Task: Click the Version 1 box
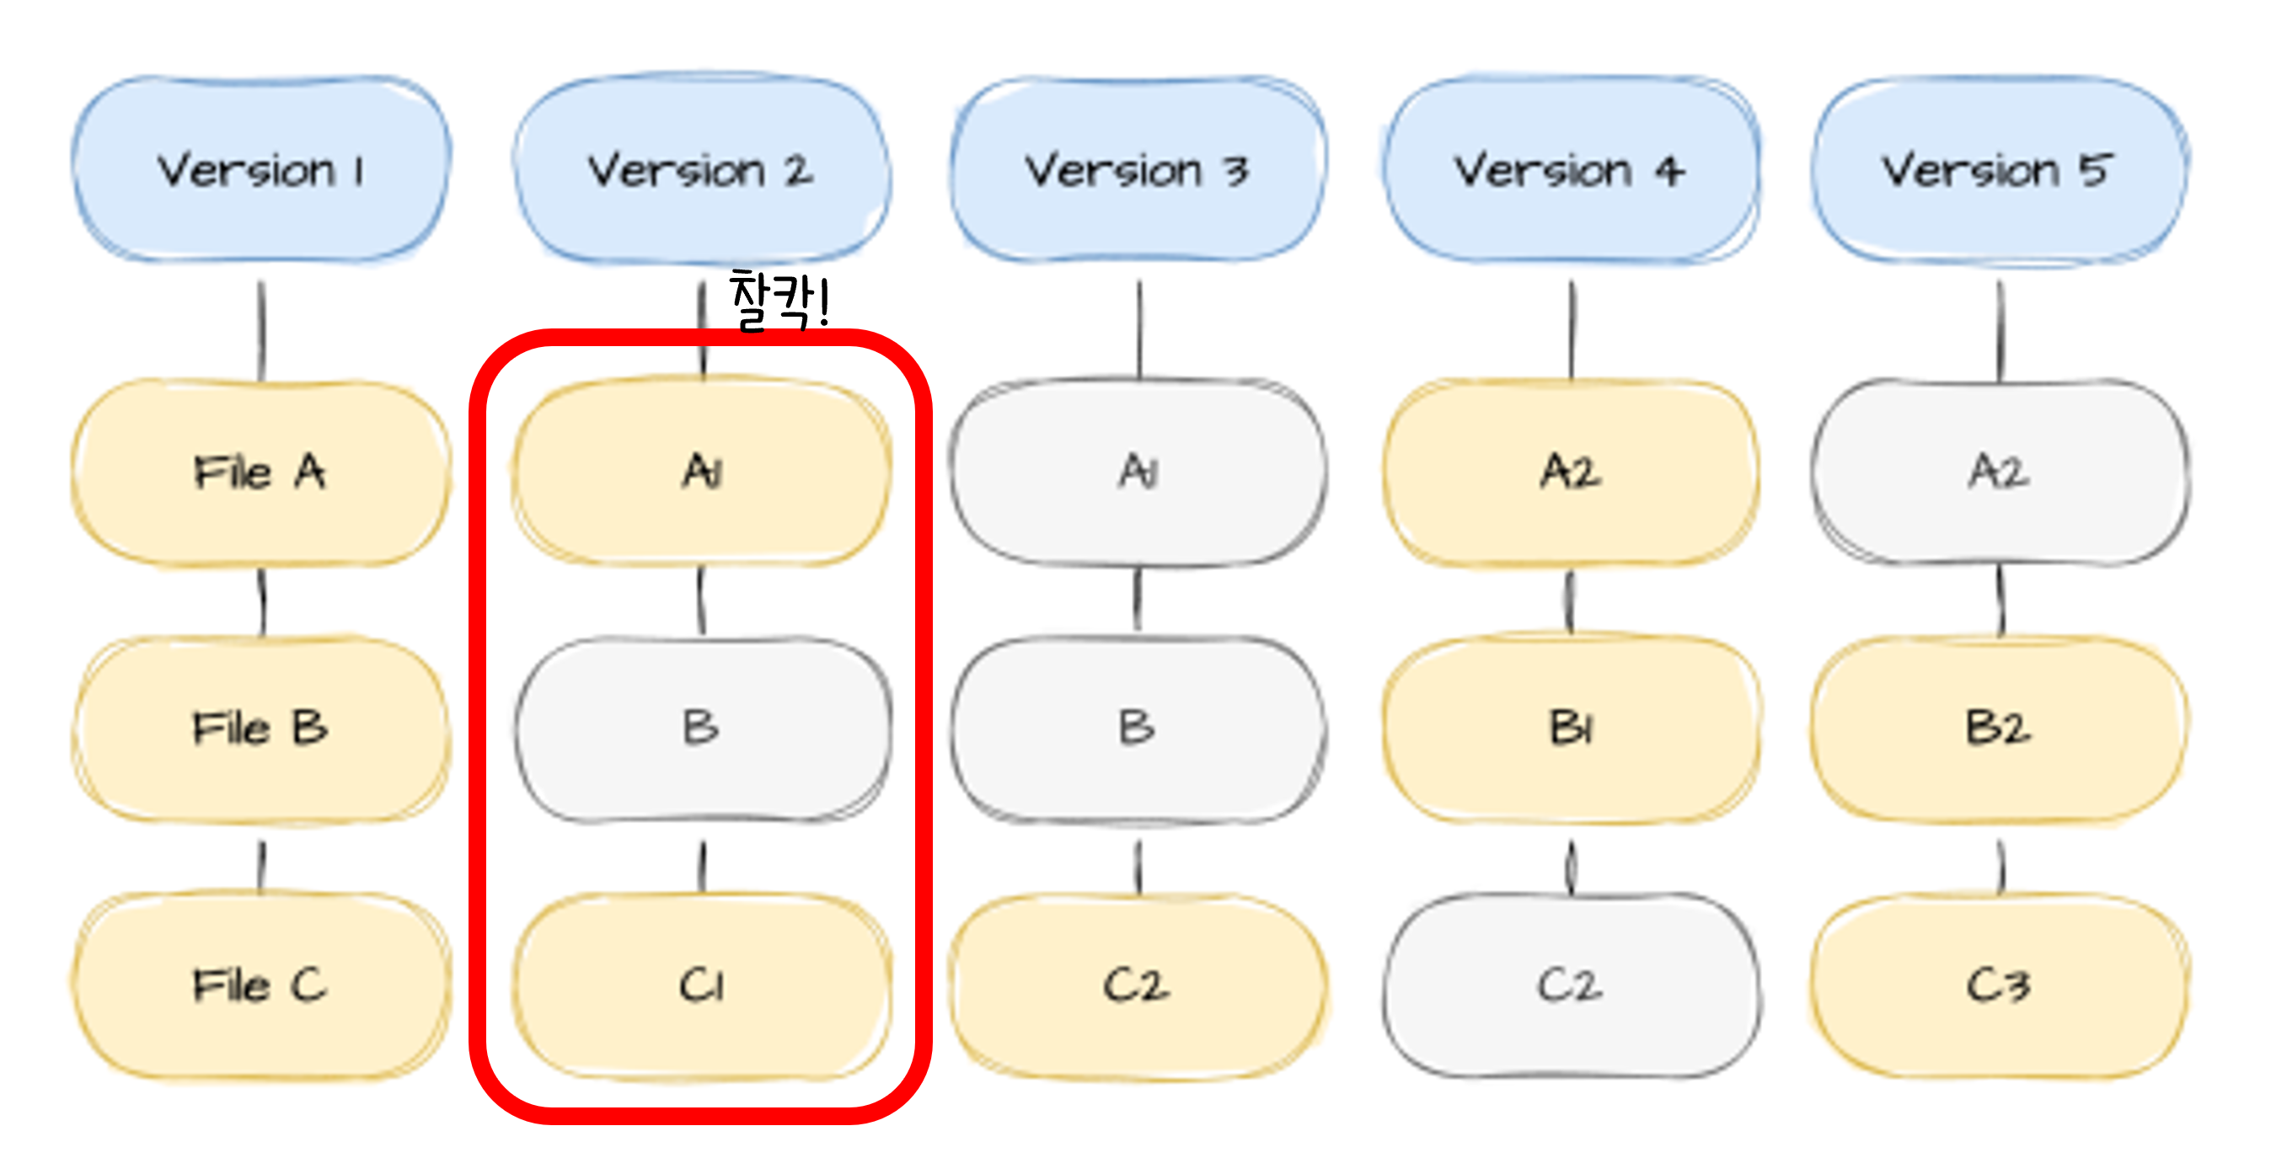click(261, 169)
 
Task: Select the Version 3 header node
click(1138, 169)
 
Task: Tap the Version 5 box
click(2000, 169)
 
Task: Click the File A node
click(261, 472)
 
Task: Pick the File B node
click(261, 728)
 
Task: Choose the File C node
click(261, 985)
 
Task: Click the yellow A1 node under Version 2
click(702, 472)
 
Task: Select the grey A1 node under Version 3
click(1138, 472)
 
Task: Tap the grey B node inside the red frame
click(702, 728)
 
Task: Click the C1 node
click(702, 985)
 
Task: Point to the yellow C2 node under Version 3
click(1138, 985)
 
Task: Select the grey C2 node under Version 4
click(1571, 985)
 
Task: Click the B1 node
click(1571, 728)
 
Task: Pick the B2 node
click(2000, 728)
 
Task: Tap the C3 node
click(2000, 985)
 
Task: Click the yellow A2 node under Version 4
click(1571, 472)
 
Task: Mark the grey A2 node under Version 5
click(2000, 472)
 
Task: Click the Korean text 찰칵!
click(779, 302)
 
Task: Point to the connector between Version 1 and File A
click(261, 330)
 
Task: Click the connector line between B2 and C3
click(2001, 867)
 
